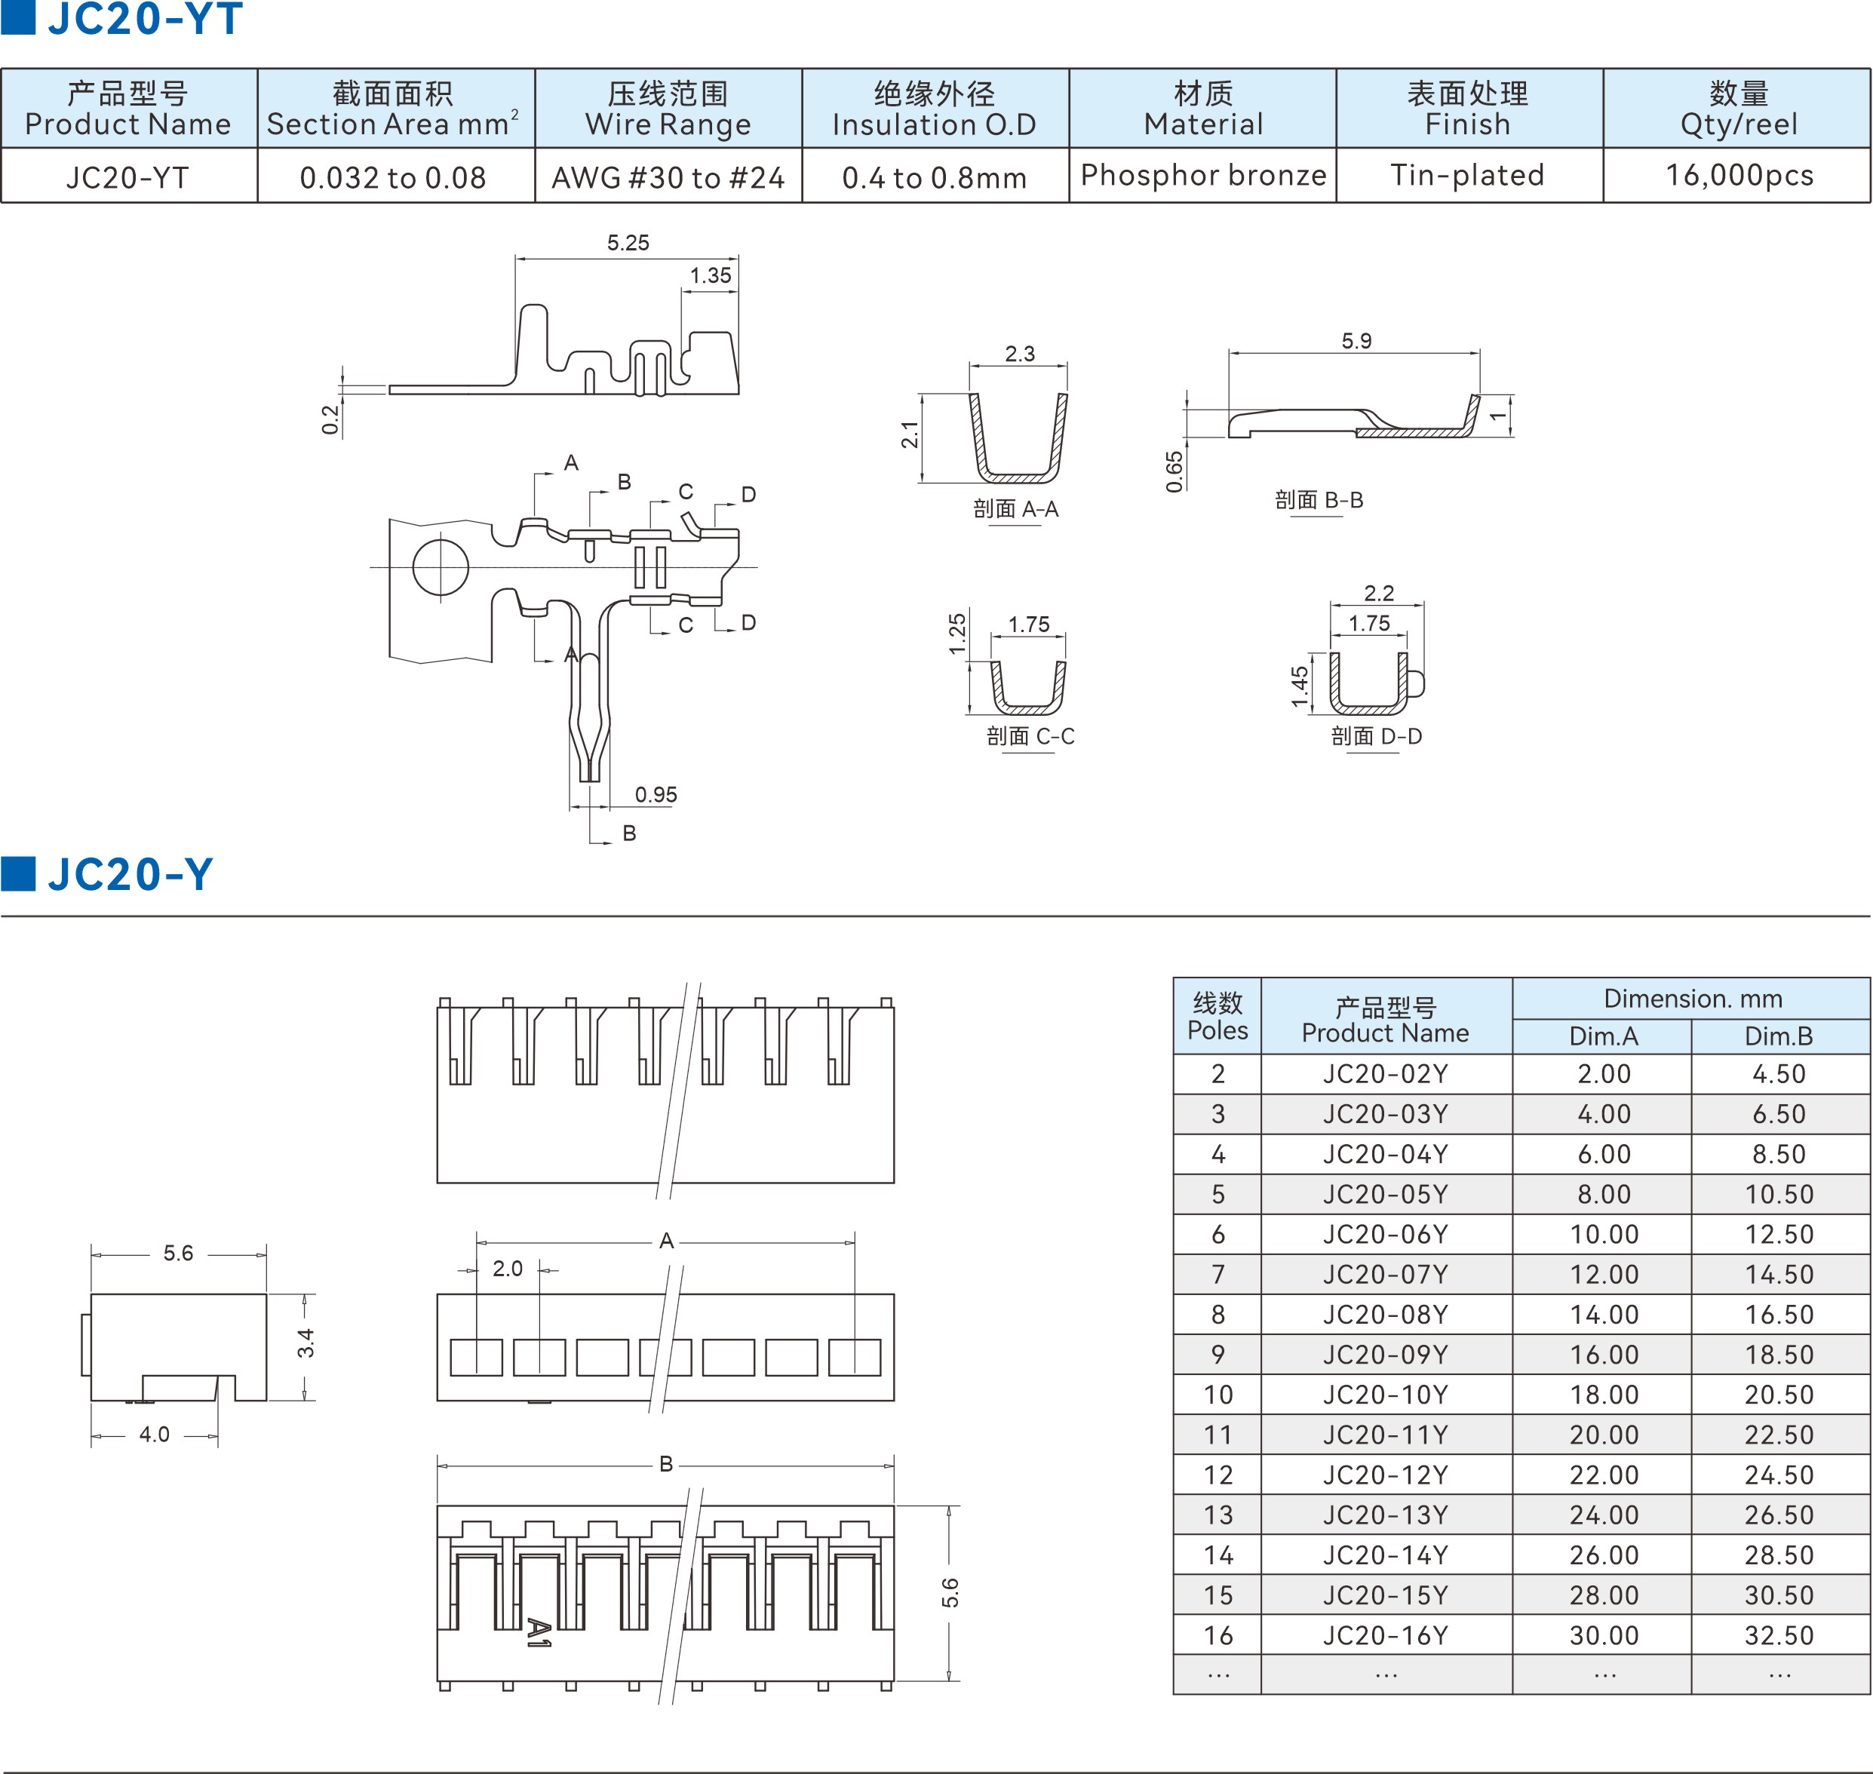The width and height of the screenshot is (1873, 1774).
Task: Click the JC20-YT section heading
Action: (x=145, y=19)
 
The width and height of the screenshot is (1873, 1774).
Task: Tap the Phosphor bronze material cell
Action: (x=1202, y=175)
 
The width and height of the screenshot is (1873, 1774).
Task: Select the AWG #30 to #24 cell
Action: (x=668, y=176)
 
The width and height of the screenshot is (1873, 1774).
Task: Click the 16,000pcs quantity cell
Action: (x=1738, y=175)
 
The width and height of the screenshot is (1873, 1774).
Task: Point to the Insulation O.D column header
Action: (x=934, y=109)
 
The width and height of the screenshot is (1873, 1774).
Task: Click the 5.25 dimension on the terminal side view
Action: (x=628, y=243)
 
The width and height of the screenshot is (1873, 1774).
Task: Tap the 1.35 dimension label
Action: (x=710, y=275)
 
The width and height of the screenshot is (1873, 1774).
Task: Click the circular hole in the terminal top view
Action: (x=441, y=567)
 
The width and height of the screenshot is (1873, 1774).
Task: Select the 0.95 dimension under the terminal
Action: (x=656, y=794)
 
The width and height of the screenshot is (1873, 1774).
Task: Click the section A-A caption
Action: (x=1015, y=509)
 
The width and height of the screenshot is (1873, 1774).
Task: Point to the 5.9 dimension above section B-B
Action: (x=1356, y=340)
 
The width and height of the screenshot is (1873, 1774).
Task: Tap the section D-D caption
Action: (x=1376, y=735)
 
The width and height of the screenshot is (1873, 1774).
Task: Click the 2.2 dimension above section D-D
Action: (x=1378, y=593)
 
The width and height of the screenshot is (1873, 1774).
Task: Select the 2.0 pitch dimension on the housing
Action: (x=508, y=1268)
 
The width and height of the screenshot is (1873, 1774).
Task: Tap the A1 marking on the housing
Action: (x=538, y=1633)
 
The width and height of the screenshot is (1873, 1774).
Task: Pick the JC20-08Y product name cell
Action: (x=1385, y=1315)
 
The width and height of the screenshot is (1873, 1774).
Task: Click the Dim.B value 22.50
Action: (x=1779, y=1435)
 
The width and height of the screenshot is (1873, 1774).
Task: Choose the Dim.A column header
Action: (x=1603, y=1036)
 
